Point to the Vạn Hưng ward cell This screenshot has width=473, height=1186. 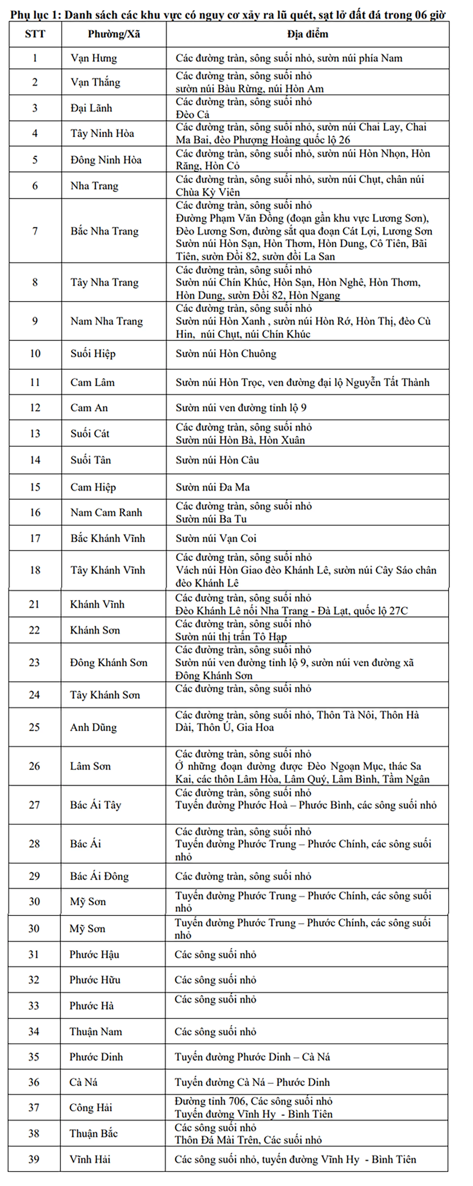(x=94, y=58)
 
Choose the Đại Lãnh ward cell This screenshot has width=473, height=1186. (x=91, y=108)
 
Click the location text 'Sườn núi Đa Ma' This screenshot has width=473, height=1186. (x=212, y=487)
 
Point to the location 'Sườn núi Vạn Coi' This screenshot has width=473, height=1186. (x=216, y=538)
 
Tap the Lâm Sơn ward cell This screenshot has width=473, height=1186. (x=90, y=766)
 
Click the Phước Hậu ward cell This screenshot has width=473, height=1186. (x=94, y=954)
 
